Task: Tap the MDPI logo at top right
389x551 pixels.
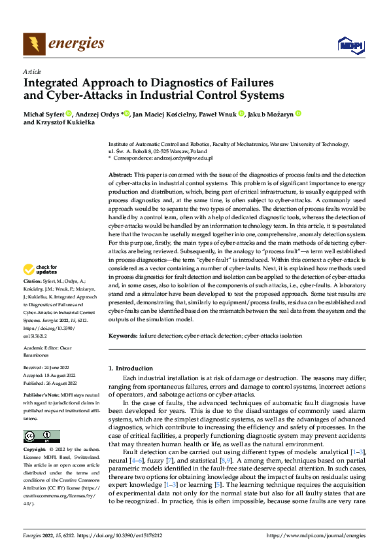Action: [x=350, y=44]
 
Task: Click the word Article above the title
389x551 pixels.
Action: [x=32, y=71]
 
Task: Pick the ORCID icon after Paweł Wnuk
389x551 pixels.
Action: [x=241, y=114]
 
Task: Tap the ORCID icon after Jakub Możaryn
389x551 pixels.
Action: [x=298, y=114]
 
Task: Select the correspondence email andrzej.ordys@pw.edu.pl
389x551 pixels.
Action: [x=182, y=158]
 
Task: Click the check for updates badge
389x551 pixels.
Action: [x=41, y=270]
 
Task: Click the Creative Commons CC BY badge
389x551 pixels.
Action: [x=41, y=436]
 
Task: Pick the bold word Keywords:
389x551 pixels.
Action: [x=123, y=335]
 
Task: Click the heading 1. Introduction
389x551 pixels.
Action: [x=130, y=368]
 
